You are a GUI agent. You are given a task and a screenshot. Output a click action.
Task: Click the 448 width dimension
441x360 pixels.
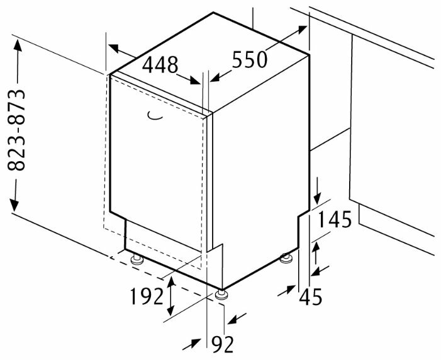click(x=160, y=65)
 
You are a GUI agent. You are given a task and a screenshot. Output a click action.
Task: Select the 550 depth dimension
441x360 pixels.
click(x=250, y=60)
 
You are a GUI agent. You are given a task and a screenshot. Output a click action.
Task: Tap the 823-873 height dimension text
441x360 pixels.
click(x=16, y=130)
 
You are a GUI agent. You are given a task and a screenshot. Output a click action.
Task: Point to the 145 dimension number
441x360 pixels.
click(x=335, y=219)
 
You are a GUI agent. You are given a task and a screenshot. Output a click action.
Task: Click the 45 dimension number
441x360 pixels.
click(x=311, y=297)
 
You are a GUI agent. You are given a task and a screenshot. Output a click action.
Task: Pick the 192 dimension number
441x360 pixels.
click(x=147, y=296)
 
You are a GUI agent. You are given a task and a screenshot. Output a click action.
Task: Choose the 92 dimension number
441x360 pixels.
click(x=223, y=344)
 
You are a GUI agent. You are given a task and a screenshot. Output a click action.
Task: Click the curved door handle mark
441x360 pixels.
click(x=155, y=116)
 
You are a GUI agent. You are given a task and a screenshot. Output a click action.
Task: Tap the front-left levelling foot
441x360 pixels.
click(x=137, y=259)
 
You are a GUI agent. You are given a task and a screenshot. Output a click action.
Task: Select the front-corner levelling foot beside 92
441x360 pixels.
click(x=221, y=295)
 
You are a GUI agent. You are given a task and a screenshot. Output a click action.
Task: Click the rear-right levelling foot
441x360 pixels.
click(x=287, y=257)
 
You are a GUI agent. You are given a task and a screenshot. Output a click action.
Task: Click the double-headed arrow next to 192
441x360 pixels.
click(x=170, y=296)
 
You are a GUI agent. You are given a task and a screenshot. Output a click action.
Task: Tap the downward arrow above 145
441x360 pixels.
click(x=317, y=191)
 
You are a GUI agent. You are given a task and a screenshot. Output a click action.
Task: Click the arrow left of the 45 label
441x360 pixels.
click(x=286, y=291)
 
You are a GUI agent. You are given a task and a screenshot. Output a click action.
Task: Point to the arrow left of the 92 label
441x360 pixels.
click(x=191, y=344)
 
